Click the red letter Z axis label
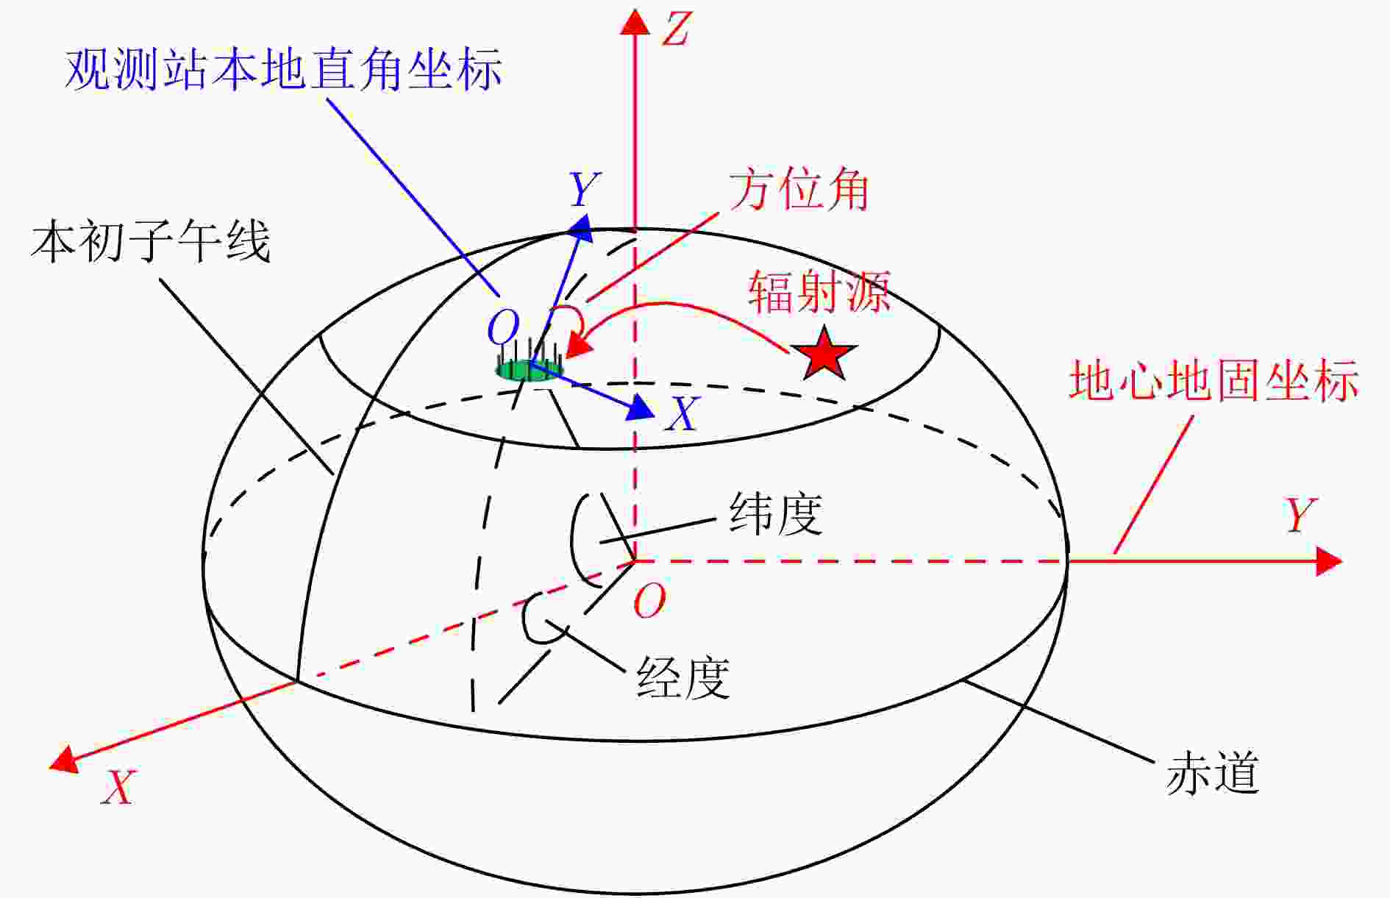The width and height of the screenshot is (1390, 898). tap(677, 29)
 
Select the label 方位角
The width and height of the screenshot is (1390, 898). tap(799, 190)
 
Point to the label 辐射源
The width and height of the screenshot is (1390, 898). tap(819, 291)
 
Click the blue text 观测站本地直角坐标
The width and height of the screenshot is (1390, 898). tap(284, 70)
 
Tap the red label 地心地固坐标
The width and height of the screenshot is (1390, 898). tap(1213, 380)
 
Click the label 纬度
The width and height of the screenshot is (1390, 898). tap(776, 513)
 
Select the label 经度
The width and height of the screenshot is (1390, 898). tap(683, 677)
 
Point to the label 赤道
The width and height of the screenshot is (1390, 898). tap(1213, 773)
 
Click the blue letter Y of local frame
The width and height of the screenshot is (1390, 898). tap(585, 190)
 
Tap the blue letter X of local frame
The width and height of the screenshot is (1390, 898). tap(682, 413)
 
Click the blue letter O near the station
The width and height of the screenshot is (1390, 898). tap(504, 327)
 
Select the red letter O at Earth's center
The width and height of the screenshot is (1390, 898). tap(649, 601)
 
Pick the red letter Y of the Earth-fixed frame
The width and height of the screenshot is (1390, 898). tap(1300, 515)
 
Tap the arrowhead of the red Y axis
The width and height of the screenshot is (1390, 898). tap(1329, 561)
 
